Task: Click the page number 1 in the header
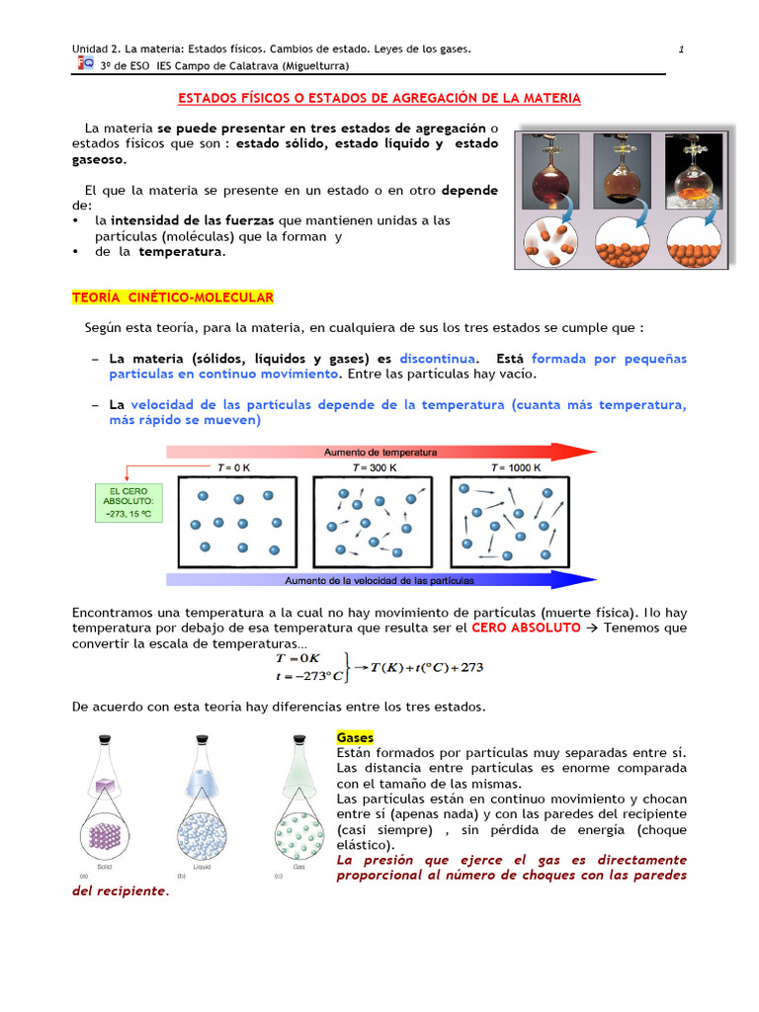tap(682, 49)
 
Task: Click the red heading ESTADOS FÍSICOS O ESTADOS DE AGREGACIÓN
tap(379, 99)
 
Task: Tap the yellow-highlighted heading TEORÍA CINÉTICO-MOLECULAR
tap(173, 297)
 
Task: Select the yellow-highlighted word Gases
tap(355, 737)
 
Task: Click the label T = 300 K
tap(375, 467)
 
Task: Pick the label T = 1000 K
tap(516, 467)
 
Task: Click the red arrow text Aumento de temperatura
tap(380, 452)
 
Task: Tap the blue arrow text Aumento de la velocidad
tap(379, 580)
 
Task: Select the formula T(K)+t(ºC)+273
tap(427, 668)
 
